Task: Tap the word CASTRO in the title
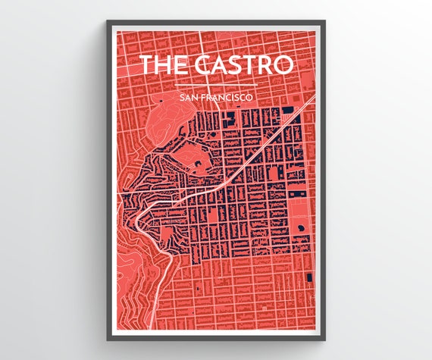[x=242, y=65]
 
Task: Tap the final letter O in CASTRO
[x=282, y=65]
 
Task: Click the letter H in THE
[x=164, y=65]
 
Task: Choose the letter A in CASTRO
[x=218, y=65]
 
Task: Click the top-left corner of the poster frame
[x=105, y=22]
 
